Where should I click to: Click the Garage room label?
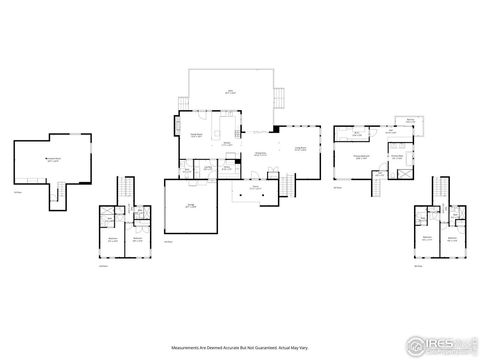(x=190, y=206)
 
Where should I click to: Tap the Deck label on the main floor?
(x=229, y=91)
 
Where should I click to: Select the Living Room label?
(x=299, y=149)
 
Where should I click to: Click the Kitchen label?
(x=227, y=144)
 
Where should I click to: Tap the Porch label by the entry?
(x=256, y=187)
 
